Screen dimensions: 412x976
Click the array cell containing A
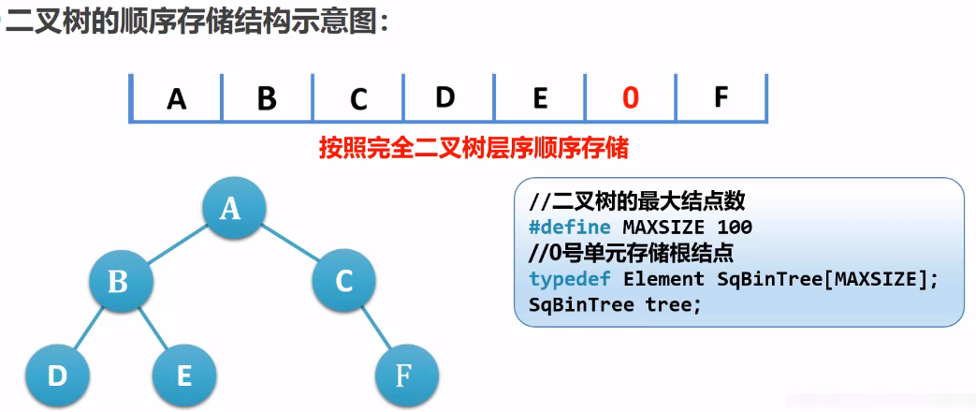point(177,98)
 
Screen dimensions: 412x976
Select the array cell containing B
point(267,98)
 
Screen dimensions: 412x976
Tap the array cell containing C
point(358,98)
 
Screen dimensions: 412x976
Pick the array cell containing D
point(445,96)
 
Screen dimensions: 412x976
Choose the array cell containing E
point(539,97)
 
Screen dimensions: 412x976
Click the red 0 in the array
point(630,97)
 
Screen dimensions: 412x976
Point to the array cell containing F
point(721,96)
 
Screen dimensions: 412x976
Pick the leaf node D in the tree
point(57,375)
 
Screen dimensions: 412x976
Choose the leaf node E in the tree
point(184,375)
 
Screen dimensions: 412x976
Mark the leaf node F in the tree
point(405,375)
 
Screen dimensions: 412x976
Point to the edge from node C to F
point(375,329)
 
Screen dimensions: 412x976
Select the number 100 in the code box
point(734,228)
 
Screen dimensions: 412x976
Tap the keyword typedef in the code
point(570,279)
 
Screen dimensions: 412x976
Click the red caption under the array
point(473,149)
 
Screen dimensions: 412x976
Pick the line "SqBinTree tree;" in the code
point(614,305)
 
